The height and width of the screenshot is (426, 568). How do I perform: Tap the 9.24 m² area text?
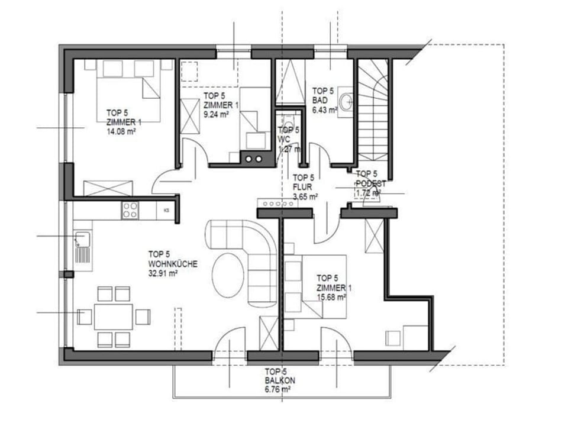tap(216, 115)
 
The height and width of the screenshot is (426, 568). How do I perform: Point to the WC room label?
tap(284, 140)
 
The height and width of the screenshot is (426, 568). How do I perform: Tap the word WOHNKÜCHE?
tap(173, 264)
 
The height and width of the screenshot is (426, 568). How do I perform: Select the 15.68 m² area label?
tap(331, 298)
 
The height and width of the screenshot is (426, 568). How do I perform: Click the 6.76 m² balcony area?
tap(277, 390)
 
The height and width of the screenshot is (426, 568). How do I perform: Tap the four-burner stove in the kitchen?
tap(130, 210)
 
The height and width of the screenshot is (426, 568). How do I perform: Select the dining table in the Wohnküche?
tap(114, 317)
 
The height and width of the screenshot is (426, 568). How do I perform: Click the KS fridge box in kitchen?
tap(167, 210)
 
